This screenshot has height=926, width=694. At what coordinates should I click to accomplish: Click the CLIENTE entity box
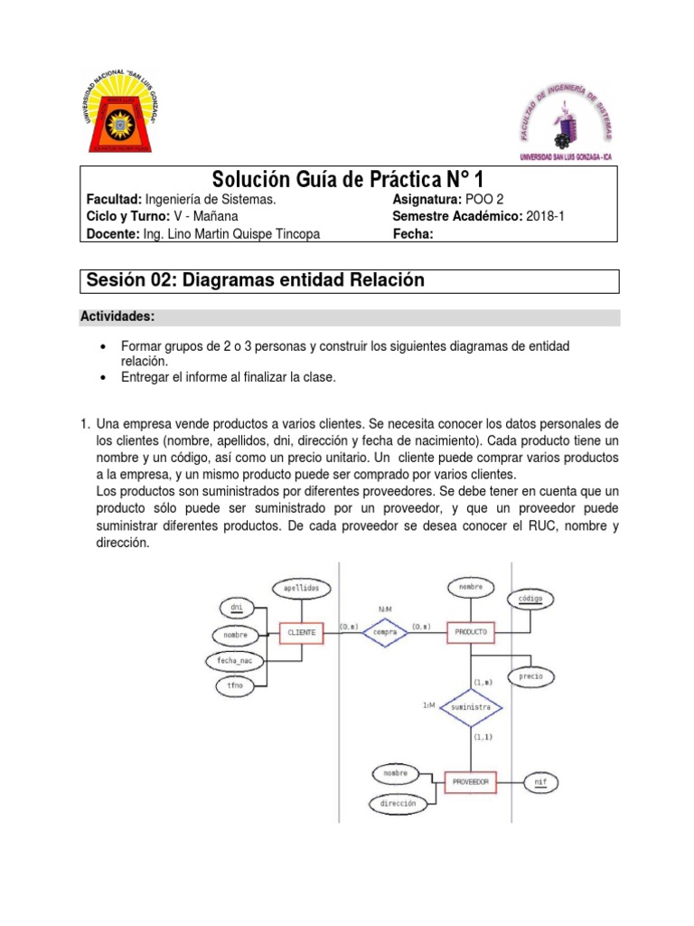(301, 633)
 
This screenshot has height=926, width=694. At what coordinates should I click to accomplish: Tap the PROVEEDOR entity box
(470, 780)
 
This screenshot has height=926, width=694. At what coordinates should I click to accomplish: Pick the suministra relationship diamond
(470, 707)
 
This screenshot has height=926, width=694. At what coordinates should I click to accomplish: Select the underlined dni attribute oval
(237, 606)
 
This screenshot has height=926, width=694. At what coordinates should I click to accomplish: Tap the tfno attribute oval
(236, 686)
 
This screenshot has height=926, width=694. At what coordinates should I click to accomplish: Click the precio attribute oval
(530, 676)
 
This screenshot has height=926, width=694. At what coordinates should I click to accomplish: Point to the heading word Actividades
(119, 317)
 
